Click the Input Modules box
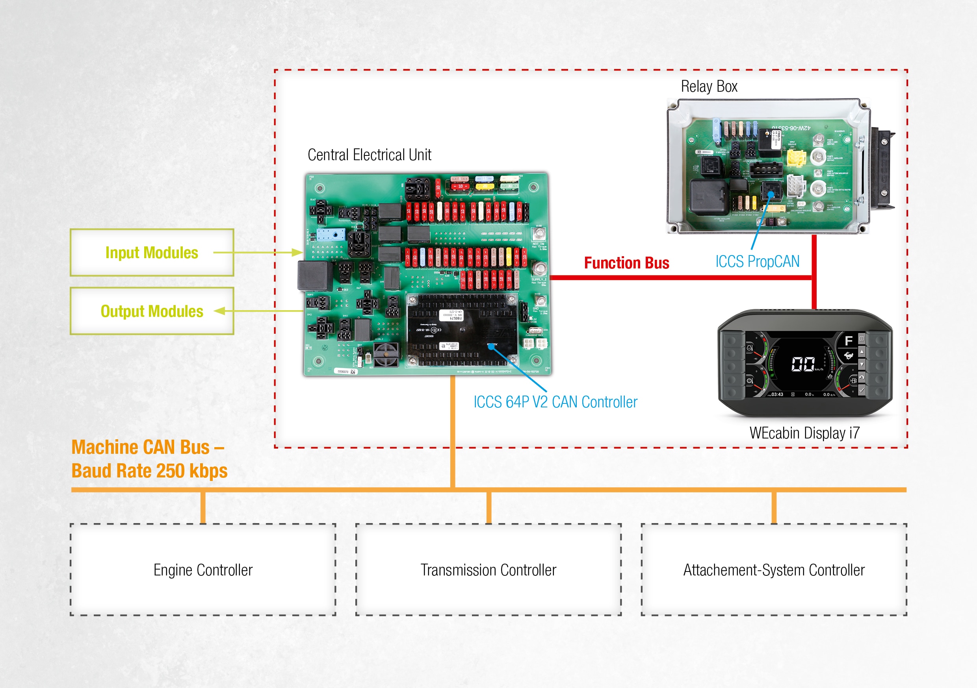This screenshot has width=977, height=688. point(152,253)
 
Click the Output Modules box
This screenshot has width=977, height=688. point(152,311)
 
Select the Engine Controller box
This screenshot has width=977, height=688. point(203,570)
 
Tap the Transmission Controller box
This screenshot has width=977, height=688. point(489,570)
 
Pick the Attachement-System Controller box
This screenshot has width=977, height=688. point(774,570)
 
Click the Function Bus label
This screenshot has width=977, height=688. point(626,263)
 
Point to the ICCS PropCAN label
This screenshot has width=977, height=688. point(757,261)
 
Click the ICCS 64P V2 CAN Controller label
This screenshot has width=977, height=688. point(555,402)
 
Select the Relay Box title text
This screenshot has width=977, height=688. point(709,86)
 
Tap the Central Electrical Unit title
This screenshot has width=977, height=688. point(370,155)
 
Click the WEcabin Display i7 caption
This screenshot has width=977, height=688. point(804,433)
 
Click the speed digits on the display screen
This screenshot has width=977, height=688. point(802,364)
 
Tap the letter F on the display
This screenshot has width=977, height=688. point(849,340)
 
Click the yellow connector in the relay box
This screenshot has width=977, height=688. point(796,158)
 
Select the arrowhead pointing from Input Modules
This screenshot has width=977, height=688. point(297,253)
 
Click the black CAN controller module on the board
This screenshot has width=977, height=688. point(462,329)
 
